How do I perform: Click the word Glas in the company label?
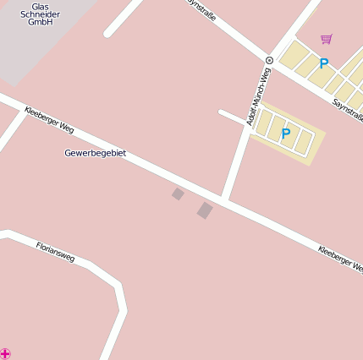coord(40,6)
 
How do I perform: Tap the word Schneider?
coord(40,14)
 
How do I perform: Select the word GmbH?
coord(40,23)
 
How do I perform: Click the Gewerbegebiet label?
coord(95,153)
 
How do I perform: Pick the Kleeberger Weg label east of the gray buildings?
coord(340,259)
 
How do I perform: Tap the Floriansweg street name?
coord(55,251)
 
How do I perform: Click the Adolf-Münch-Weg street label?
coord(258,97)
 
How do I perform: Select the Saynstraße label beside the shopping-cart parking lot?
coord(348,109)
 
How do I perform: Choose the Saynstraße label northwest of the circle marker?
coord(200,15)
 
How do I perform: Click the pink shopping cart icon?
coord(327,39)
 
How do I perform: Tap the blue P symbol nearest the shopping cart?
coord(323,63)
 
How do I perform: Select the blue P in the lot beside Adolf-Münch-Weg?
coord(285,134)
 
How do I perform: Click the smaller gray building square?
coord(178,194)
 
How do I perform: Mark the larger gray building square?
coord(205,210)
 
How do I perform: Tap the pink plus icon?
coord(6,352)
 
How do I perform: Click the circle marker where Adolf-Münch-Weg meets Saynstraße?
coord(269,60)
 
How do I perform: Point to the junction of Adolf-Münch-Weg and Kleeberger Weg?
coord(226,200)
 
